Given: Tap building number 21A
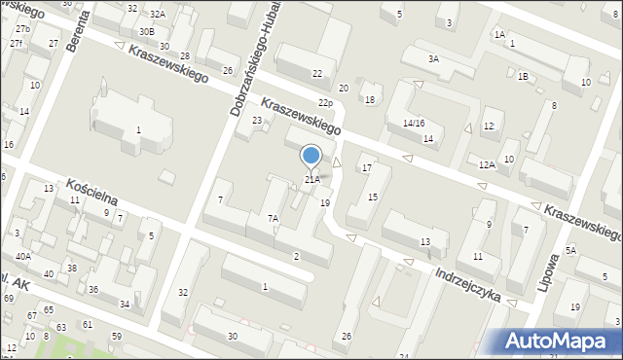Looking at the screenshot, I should click(x=311, y=179).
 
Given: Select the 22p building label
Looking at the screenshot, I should click(x=326, y=103).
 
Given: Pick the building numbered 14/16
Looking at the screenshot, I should click(x=414, y=123).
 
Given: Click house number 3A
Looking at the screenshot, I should click(x=433, y=58).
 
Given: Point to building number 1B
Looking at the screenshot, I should click(x=523, y=76).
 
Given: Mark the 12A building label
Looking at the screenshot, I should click(x=487, y=164).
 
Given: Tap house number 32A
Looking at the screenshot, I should click(x=158, y=15).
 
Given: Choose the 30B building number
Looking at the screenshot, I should click(x=145, y=31).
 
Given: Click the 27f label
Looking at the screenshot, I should click(x=16, y=44).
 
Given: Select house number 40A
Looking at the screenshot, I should click(x=22, y=256).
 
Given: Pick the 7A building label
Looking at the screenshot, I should click(x=274, y=219).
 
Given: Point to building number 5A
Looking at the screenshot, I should click(x=571, y=250).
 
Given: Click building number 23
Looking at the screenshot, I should click(x=257, y=120).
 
